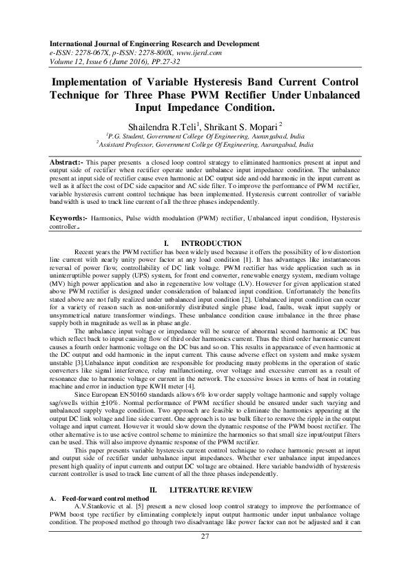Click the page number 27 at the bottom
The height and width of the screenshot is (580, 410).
point(205,556)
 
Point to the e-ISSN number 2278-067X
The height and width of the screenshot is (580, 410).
point(98,52)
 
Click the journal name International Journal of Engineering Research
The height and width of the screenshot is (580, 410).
point(130,43)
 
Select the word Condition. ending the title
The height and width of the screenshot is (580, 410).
point(246,107)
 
